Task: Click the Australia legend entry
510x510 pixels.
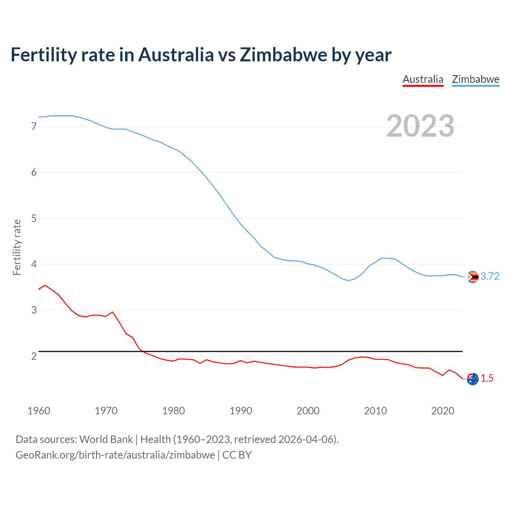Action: click(x=423, y=79)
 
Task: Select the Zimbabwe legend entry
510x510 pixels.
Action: click(x=475, y=79)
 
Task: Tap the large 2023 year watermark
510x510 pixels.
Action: click(x=420, y=126)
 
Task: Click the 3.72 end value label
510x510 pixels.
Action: click(x=490, y=276)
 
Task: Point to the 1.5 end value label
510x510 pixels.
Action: click(x=487, y=378)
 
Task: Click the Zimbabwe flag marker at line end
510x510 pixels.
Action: click(x=473, y=277)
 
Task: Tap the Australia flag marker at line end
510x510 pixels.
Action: click(x=473, y=379)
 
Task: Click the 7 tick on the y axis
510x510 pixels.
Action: click(x=34, y=126)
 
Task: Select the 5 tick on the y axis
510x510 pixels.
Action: click(x=34, y=218)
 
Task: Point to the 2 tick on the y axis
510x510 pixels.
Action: click(x=34, y=356)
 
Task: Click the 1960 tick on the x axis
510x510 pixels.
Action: click(x=39, y=411)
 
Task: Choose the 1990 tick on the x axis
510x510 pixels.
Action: click(x=241, y=411)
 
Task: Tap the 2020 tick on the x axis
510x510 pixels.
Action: click(x=443, y=411)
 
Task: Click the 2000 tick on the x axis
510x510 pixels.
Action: click(x=308, y=411)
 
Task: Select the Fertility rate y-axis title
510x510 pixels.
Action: click(x=17, y=247)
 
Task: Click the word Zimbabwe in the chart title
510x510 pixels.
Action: click(x=284, y=55)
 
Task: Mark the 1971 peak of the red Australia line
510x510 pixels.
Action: click(x=112, y=312)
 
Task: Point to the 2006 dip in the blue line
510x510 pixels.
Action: click(x=348, y=280)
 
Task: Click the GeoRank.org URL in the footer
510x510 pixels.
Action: click(x=115, y=455)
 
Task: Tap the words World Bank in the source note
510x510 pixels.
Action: click(x=106, y=439)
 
